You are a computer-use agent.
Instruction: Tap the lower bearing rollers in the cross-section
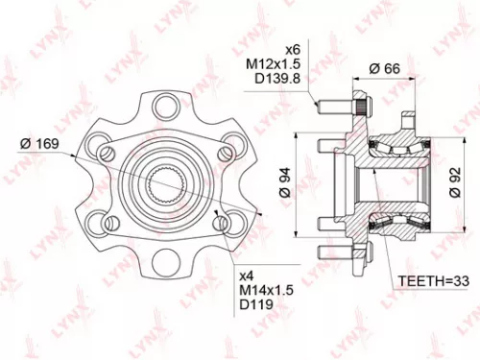coord(389,224)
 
